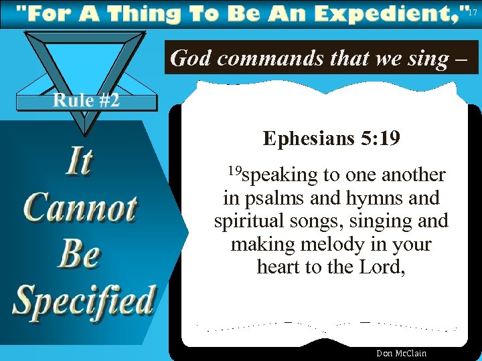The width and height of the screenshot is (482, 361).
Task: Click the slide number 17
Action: pos(473,12)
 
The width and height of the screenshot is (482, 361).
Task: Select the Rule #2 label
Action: pos(86,101)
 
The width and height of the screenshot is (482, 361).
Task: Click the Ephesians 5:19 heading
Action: pos(331,138)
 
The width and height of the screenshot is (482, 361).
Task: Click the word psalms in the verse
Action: pos(268,199)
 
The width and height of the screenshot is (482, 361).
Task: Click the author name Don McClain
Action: pos(401,354)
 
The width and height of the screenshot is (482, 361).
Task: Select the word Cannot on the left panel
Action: pos(81,208)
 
